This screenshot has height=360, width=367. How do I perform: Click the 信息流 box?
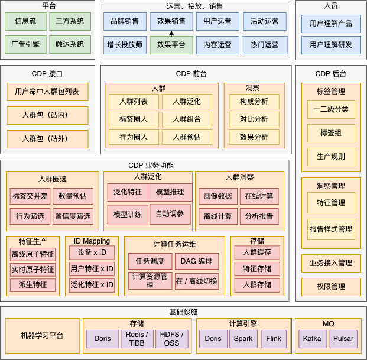point(25,22)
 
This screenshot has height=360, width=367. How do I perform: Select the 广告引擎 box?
point(25,44)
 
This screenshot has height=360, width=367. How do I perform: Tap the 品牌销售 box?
point(124,22)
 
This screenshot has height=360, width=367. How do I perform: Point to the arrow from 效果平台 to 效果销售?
point(171,34)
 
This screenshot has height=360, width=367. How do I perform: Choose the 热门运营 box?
point(264,44)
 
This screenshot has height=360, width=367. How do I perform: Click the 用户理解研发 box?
point(330,44)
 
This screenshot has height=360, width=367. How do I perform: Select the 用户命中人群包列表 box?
point(47,92)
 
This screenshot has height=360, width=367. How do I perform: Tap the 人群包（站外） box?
point(47,139)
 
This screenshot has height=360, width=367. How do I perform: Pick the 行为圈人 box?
point(134,137)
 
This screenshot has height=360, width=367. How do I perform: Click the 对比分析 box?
point(254,119)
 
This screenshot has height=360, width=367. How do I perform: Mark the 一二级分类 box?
point(331,109)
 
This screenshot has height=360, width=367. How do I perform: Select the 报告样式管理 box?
point(331,229)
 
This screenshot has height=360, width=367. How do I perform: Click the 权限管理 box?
point(331,287)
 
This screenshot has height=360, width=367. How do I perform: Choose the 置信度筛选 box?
point(73,216)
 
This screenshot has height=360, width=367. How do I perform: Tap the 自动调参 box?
point(170,214)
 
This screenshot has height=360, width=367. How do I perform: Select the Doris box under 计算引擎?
point(213,339)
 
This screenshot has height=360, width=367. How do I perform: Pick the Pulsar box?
point(344,339)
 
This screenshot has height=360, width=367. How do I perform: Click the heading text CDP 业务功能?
point(151,166)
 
